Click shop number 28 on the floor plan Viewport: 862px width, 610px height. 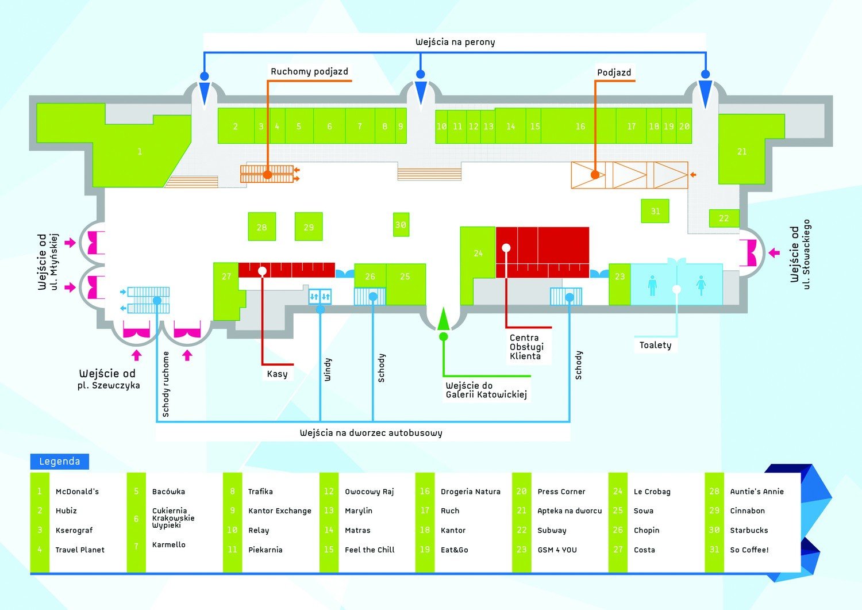tap(261, 227)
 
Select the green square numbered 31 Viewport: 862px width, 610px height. tap(655, 210)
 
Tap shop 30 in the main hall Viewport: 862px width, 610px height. tap(401, 225)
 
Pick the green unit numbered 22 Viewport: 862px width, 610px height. tap(724, 218)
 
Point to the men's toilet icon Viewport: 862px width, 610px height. tap(652, 285)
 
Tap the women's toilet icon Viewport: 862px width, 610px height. tap(701, 285)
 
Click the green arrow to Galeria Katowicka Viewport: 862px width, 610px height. tap(443, 319)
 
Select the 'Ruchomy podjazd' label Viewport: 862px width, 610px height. tap(309, 71)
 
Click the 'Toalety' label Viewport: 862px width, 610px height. tap(655, 345)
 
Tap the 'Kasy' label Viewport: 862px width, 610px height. tap(277, 374)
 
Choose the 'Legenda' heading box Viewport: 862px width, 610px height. tap(60, 461)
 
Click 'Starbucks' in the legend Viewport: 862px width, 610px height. tap(749, 530)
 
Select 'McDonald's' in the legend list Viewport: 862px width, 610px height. tap(77, 492)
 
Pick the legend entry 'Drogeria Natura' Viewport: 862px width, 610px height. tap(471, 492)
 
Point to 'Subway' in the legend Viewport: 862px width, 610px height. tap(552, 531)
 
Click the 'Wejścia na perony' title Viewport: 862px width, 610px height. tap(455, 42)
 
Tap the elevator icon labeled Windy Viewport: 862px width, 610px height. tap(320, 297)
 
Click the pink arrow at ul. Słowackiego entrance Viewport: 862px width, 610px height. tap(774, 252)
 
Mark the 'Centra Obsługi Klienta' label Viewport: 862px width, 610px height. tap(526, 347)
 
